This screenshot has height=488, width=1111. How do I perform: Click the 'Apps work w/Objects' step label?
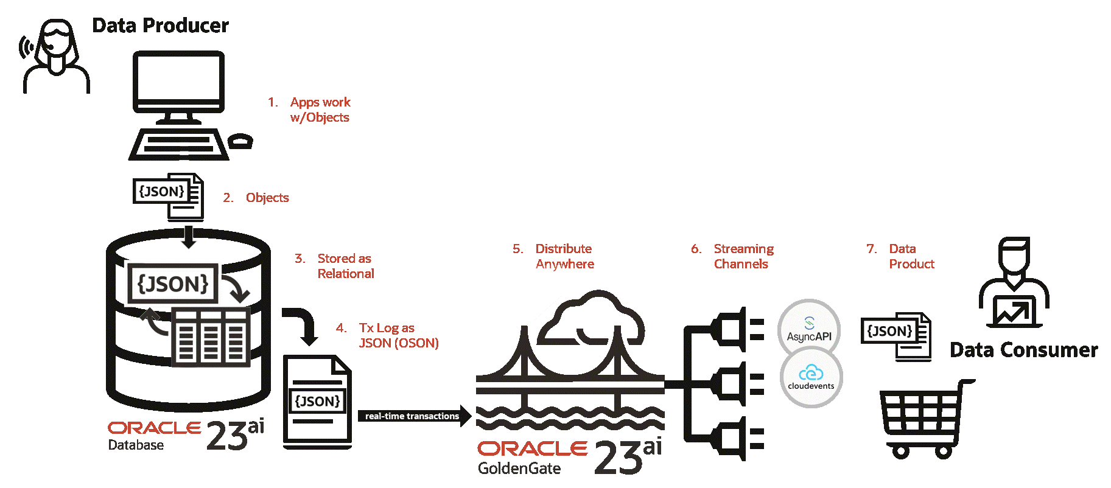coord(320,110)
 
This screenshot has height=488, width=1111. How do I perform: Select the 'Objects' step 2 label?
coord(267,198)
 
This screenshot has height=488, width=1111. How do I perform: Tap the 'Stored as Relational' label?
coord(345,266)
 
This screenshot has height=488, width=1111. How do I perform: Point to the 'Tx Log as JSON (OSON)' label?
coord(398,335)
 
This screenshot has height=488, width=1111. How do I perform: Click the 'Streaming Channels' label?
coord(743,256)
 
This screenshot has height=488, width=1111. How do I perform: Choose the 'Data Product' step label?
coord(911,256)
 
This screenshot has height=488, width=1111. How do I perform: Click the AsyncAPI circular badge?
coord(809,330)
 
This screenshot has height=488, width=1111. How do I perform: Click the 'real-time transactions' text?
coord(412,416)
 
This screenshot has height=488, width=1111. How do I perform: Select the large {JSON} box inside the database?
coord(173,284)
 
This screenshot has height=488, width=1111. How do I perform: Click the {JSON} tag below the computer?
coord(161,192)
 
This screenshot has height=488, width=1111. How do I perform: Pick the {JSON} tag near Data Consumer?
coord(889,331)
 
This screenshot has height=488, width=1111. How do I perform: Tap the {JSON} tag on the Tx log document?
coord(317,401)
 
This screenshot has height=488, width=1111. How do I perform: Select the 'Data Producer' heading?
coord(161,26)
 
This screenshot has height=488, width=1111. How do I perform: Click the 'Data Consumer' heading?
coord(1024,350)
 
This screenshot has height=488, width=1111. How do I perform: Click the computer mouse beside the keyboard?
coord(240,141)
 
